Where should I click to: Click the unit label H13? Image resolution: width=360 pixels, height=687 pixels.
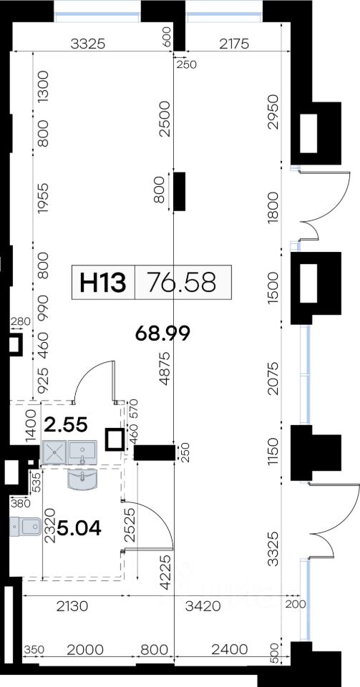point(102,282)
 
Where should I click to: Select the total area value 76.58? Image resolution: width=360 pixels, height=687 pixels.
point(182,282)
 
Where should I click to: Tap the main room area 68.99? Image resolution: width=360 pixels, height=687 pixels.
point(162,333)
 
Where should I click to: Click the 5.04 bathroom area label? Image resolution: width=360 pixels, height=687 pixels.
point(79,528)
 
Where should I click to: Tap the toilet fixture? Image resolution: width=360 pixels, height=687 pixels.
point(25,527)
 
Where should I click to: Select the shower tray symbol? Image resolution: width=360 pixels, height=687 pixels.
point(54,452)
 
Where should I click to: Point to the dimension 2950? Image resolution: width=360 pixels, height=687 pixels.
point(273,112)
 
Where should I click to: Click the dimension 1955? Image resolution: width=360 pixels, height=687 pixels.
point(43,198)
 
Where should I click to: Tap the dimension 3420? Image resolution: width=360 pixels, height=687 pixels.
point(203,606)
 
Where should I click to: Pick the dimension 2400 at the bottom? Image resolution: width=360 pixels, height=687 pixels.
point(230,649)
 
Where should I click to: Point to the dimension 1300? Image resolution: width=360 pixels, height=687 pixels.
point(43,87)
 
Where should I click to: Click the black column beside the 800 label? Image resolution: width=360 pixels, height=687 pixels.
point(179,192)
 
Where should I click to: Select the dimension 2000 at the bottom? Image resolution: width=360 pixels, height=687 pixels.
point(85,649)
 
